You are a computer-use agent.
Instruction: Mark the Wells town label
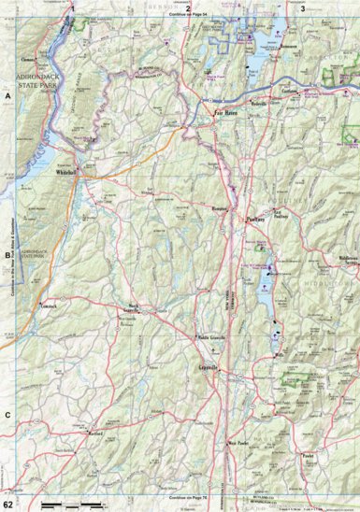pos(278,355)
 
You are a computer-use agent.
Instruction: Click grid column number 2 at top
pos(188,7)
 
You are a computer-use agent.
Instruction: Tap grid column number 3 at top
pos(302,7)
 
